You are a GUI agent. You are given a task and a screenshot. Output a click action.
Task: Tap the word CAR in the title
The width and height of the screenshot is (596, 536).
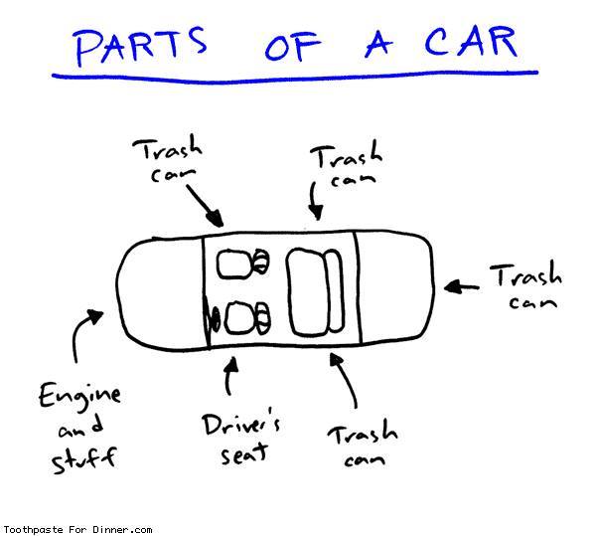coord(472,42)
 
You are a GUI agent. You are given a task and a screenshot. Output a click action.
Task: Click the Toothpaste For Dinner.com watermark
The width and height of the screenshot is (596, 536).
coord(76,529)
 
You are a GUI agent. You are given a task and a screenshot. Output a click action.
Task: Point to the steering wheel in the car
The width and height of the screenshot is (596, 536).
coord(212,319)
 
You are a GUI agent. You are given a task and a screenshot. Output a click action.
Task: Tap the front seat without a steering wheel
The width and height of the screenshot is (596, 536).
coord(240,265)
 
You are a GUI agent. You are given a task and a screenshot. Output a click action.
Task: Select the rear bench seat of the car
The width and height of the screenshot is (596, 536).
coord(310,290)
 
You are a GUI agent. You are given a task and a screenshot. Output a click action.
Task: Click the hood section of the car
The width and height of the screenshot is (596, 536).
coord(159,288)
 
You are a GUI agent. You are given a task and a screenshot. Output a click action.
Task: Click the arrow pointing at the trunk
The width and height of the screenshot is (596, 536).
coord(458,286)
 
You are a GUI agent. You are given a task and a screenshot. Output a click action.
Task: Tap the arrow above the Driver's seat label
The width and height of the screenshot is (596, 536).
coord(231,378)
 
